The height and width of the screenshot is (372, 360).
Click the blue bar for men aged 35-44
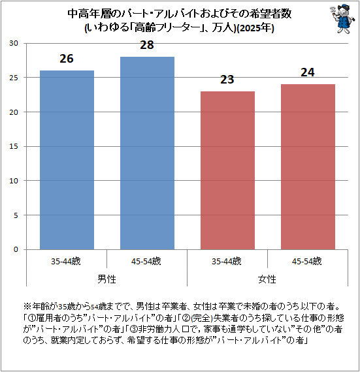(67, 160)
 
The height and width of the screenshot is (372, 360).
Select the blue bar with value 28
(147, 153)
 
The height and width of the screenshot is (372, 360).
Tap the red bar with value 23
(227, 170)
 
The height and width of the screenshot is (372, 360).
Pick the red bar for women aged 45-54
(308, 167)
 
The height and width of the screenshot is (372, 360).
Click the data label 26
(67, 59)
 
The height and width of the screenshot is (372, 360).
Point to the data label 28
(147, 45)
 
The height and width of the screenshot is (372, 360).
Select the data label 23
(227, 80)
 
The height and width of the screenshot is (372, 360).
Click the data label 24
(308, 72)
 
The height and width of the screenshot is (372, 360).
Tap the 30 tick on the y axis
(14, 43)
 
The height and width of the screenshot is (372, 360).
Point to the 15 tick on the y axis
(14, 146)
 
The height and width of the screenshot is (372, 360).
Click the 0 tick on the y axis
(16, 249)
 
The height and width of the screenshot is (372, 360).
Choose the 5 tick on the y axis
(16, 215)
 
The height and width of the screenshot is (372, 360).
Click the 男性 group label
(107, 279)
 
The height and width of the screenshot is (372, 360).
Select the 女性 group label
(267, 279)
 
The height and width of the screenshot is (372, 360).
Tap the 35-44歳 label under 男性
(66, 261)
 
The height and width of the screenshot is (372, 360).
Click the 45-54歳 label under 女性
(307, 261)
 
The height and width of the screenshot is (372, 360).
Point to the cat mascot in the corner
(342, 18)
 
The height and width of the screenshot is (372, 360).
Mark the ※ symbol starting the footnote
(27, 306)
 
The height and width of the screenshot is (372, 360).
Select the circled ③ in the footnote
(134, 329)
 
